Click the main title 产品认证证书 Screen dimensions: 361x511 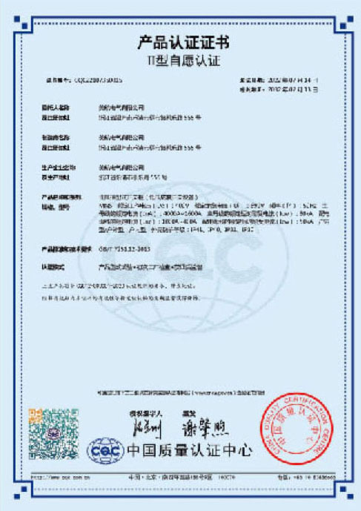[181, 40]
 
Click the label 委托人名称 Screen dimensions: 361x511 [58, 107]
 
